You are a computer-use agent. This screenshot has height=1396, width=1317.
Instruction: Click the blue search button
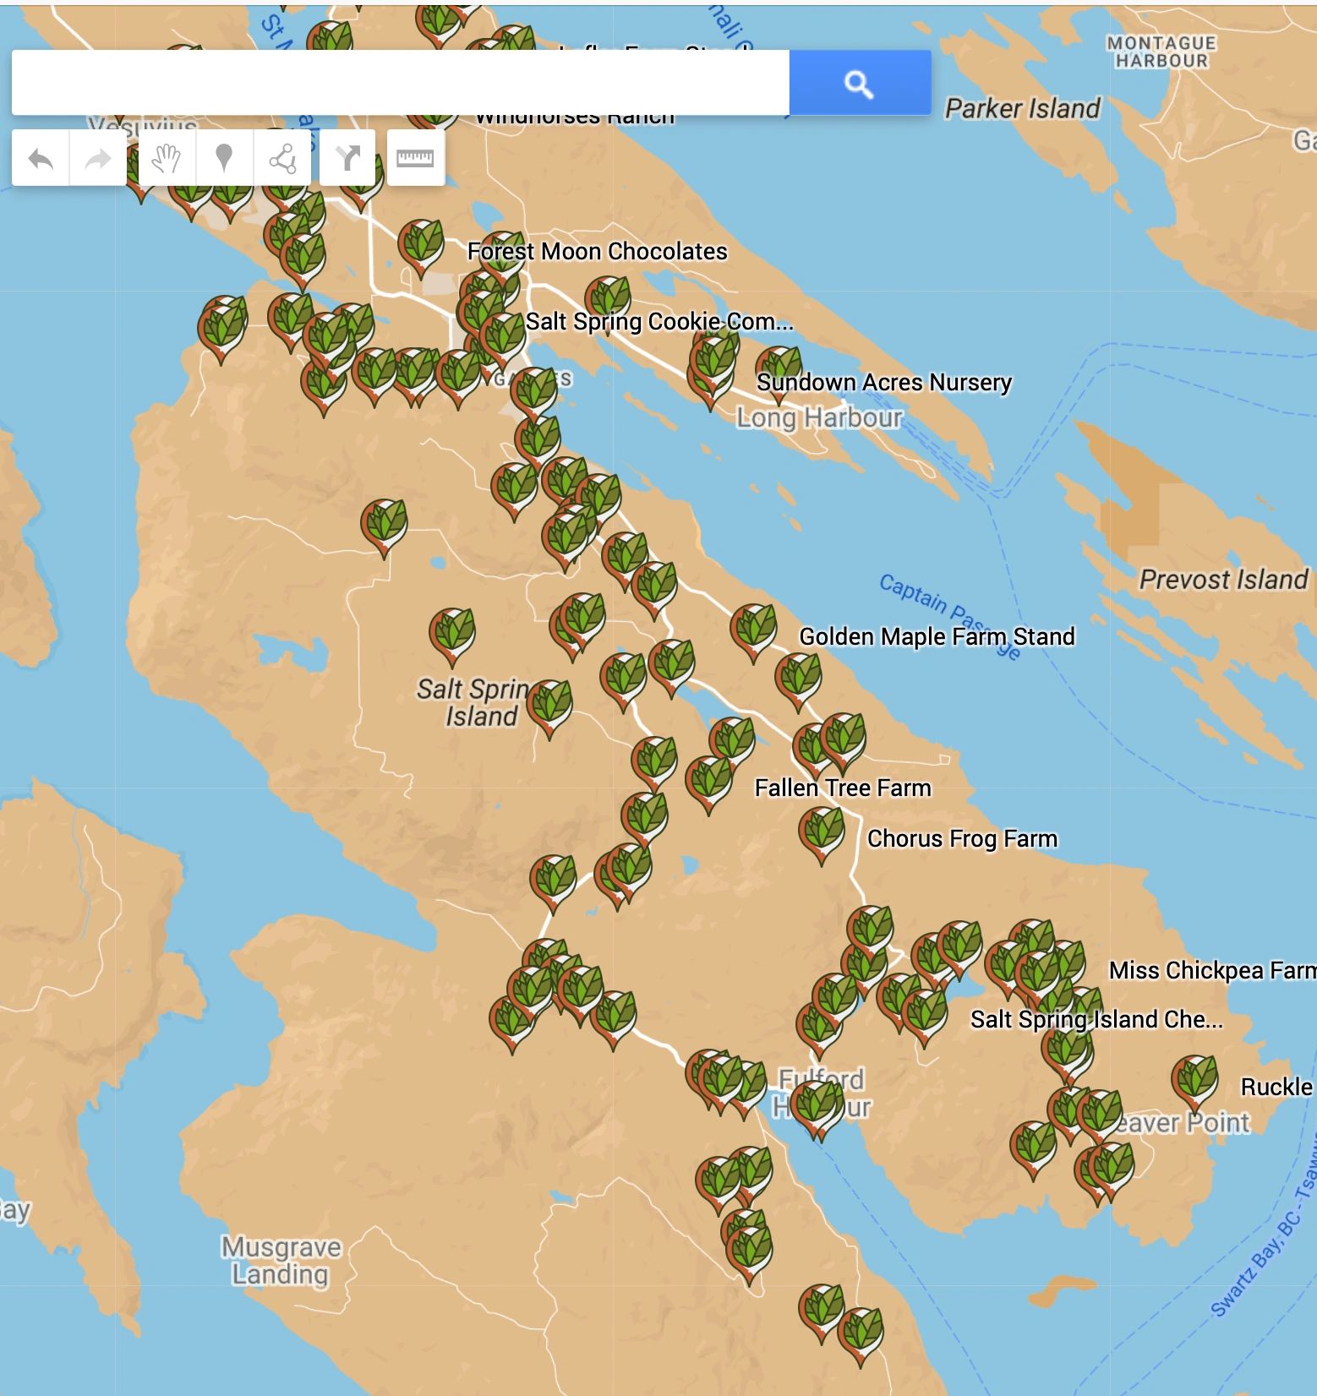pos(860,83)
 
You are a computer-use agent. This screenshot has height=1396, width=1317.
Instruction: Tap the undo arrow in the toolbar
pos(41,158)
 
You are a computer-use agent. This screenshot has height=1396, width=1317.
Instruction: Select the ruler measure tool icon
pos(415,158)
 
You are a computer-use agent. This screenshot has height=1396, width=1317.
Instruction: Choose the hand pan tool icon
pos(167,158)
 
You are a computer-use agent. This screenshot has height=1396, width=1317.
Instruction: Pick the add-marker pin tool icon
pos(224,158)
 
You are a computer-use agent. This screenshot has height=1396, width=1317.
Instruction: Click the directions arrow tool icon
pos(347,158)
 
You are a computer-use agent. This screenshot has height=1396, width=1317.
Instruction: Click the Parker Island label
pos(1022,109)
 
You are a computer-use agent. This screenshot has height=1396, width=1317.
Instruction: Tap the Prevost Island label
pos(1223,580)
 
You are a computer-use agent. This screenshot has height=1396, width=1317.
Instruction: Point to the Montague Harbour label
pos(1161,52)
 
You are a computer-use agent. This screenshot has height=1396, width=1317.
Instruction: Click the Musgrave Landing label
pos(281,1260)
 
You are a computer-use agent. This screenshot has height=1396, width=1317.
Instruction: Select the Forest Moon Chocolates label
pos(597,252)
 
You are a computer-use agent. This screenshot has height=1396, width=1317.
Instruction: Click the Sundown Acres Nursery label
pos(883,383)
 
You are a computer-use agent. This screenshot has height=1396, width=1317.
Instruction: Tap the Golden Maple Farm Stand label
pos(937,636)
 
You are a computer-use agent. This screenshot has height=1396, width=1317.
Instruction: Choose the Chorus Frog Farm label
pos(962,838)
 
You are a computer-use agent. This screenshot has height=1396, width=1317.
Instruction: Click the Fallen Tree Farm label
pos(843,788)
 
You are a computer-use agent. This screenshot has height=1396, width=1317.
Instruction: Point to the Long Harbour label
pos(819,417)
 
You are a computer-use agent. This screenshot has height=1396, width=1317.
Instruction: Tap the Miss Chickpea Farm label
pos(1211,970)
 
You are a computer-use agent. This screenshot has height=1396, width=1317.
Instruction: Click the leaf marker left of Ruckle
pos(1194,1080)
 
